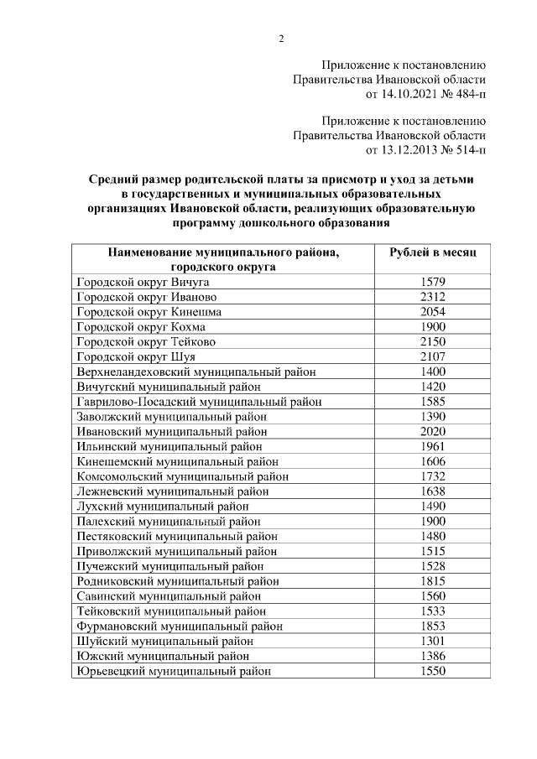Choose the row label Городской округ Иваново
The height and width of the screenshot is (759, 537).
pos(147,297)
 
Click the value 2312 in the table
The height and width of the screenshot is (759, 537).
pos(432,297)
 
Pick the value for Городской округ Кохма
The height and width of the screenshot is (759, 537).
pos(432,326)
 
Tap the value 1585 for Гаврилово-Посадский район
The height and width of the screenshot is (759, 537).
pos(432,401)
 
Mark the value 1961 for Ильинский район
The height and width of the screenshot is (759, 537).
pos(432,445)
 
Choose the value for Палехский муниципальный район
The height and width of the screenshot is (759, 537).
pos(432,521)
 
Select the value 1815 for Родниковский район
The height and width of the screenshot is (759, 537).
pos(432,580)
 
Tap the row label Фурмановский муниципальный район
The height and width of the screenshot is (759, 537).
pos(180,626)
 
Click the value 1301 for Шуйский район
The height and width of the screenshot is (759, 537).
pos(432,641)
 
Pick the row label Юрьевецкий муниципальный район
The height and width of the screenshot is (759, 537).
pos(174,671)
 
